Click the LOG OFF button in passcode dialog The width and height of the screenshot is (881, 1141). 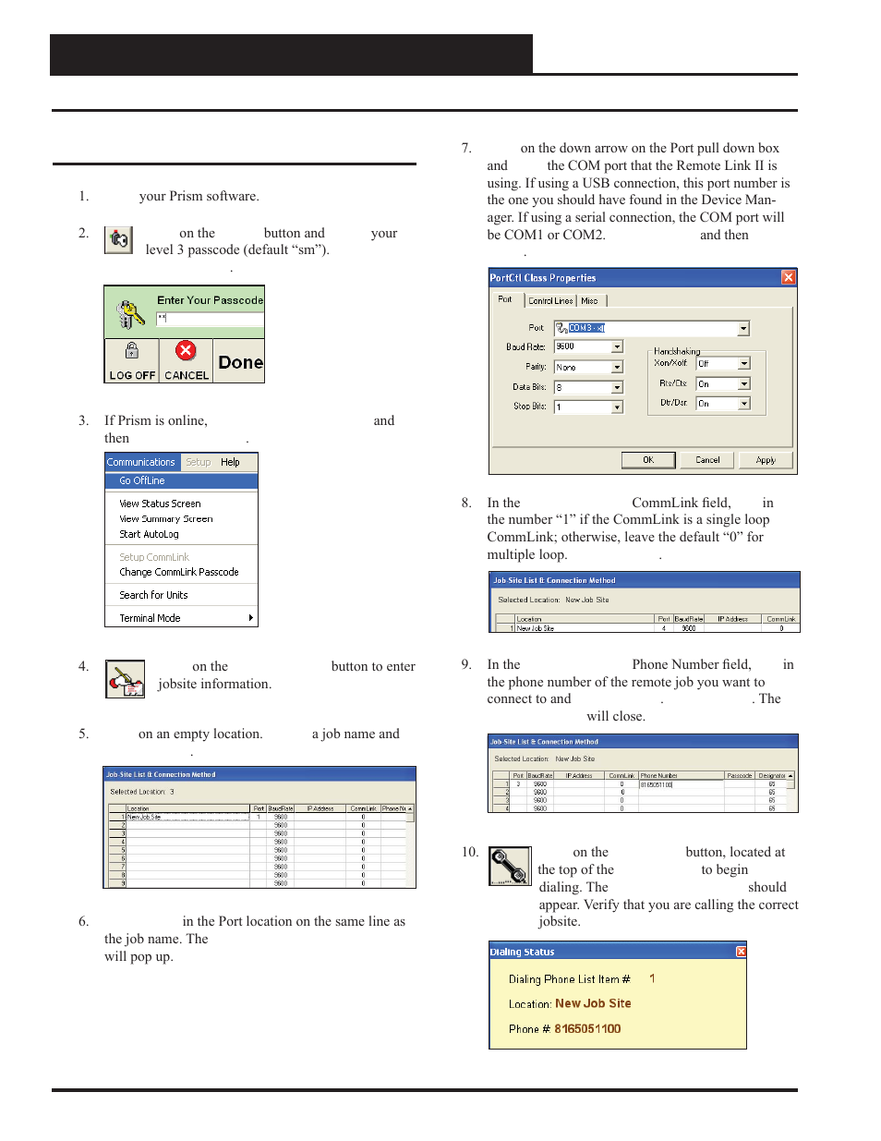(131, 361)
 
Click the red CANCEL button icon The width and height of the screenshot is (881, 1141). (186, 351)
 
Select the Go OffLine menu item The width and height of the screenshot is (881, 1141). (142, 480)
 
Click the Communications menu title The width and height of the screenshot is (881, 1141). (141, 462)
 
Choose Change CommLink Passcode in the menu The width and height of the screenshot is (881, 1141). (178, 572)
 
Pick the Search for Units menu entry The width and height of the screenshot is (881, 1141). (153, 595)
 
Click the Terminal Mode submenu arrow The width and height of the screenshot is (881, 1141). (250, 618)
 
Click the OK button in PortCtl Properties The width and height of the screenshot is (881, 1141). (647, 460)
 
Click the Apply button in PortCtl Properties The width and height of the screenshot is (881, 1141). (766, 460)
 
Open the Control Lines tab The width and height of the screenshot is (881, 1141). (550, 301)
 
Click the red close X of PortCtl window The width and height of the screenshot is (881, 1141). (788, 277)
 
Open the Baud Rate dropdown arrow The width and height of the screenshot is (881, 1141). (617, 347)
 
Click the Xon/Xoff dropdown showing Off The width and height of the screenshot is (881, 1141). (744, 364)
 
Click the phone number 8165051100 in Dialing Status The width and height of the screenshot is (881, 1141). (587, 1029)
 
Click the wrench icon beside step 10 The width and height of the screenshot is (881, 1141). (510, 867)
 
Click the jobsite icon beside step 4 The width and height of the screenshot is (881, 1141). (125, 679)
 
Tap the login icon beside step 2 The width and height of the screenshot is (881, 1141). (118, 240)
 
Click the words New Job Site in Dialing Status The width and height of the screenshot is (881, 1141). (593, 1003)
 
